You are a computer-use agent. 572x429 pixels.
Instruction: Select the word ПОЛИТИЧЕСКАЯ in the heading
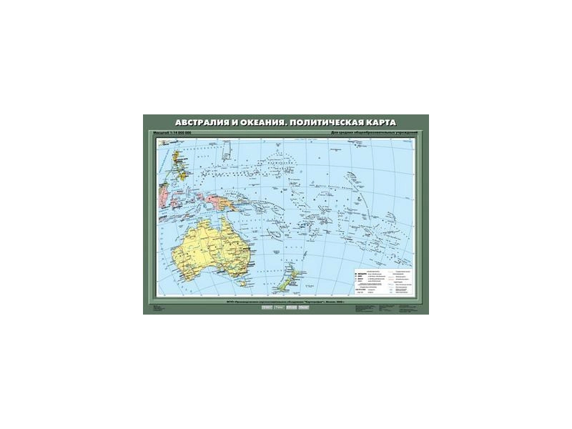pyautogui.click(x=320, y=122)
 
